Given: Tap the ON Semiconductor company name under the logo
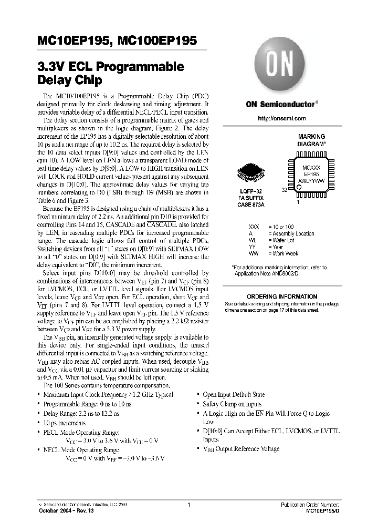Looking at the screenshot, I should tap(282, 104).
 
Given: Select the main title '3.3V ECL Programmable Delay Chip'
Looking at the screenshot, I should tap(111, 74).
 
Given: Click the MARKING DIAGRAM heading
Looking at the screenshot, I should tap(311, 139).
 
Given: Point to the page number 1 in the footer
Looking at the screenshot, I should tap(188, 505).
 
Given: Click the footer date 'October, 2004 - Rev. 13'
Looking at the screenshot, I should tap(62, 511).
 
